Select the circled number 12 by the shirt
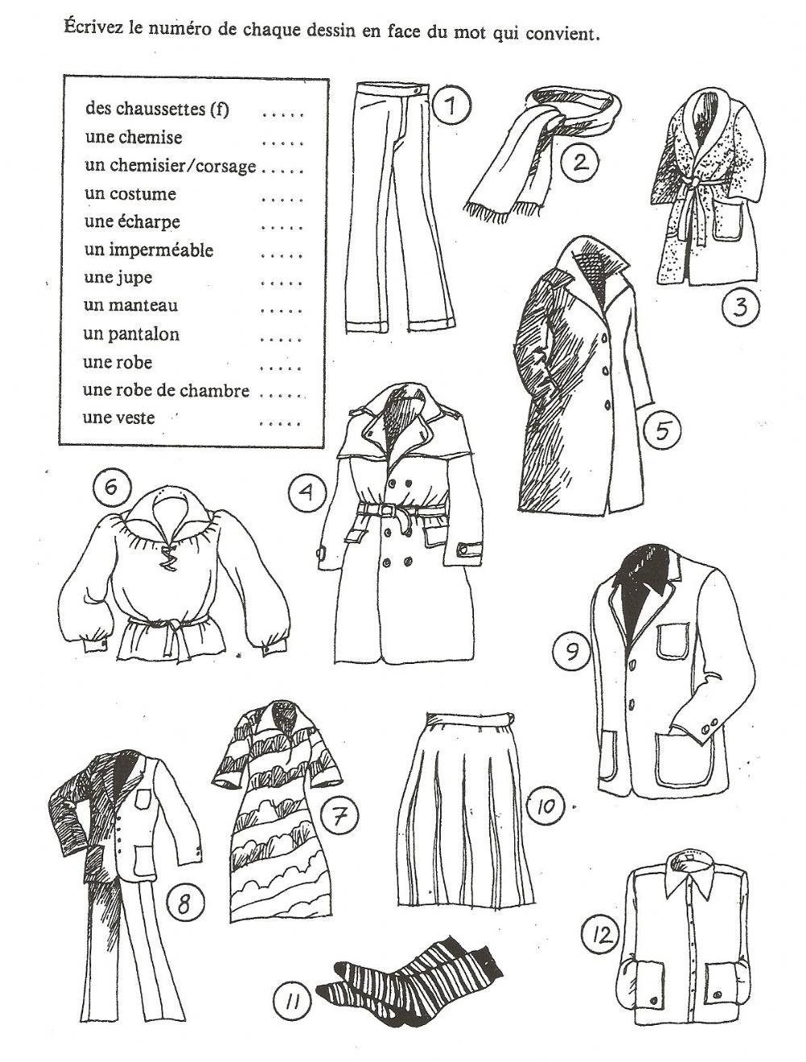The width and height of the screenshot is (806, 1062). click(x=600, y=935)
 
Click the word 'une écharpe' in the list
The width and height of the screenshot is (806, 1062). click(x=131, y=222)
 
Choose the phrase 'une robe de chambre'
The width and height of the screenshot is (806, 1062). click(x=165, y=391)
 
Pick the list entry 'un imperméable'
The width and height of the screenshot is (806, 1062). click(x=148, y=250)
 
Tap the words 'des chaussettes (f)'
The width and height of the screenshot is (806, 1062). click(x=156, y=109)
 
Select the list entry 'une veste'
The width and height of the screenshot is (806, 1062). click(x=118, y=418)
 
